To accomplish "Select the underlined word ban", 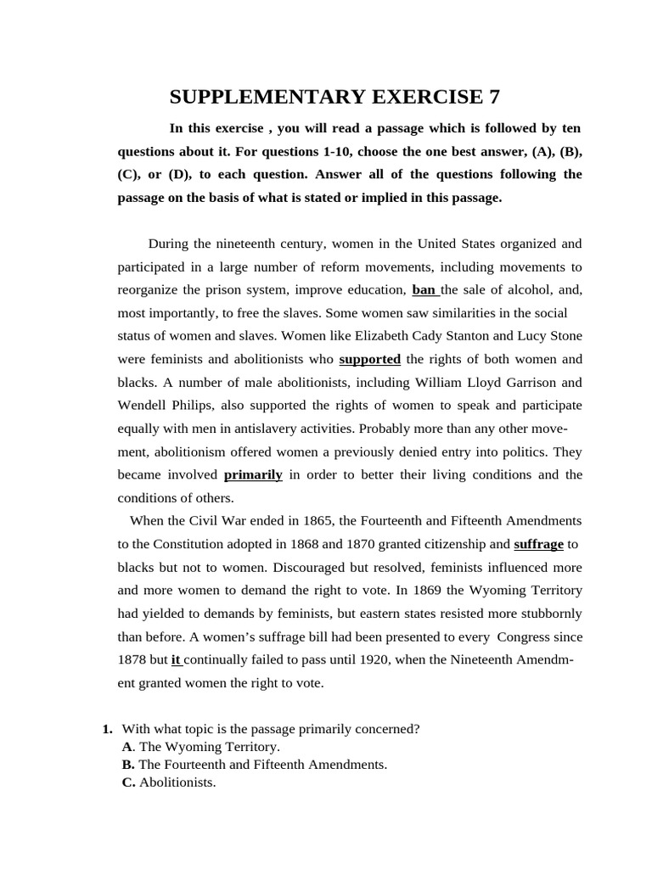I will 424,289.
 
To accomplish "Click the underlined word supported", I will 369,359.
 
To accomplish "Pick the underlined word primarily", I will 253,474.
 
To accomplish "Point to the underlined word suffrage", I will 538,544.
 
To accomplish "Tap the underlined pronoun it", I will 177,659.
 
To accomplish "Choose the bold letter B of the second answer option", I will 127,765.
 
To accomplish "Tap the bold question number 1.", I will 106,728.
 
